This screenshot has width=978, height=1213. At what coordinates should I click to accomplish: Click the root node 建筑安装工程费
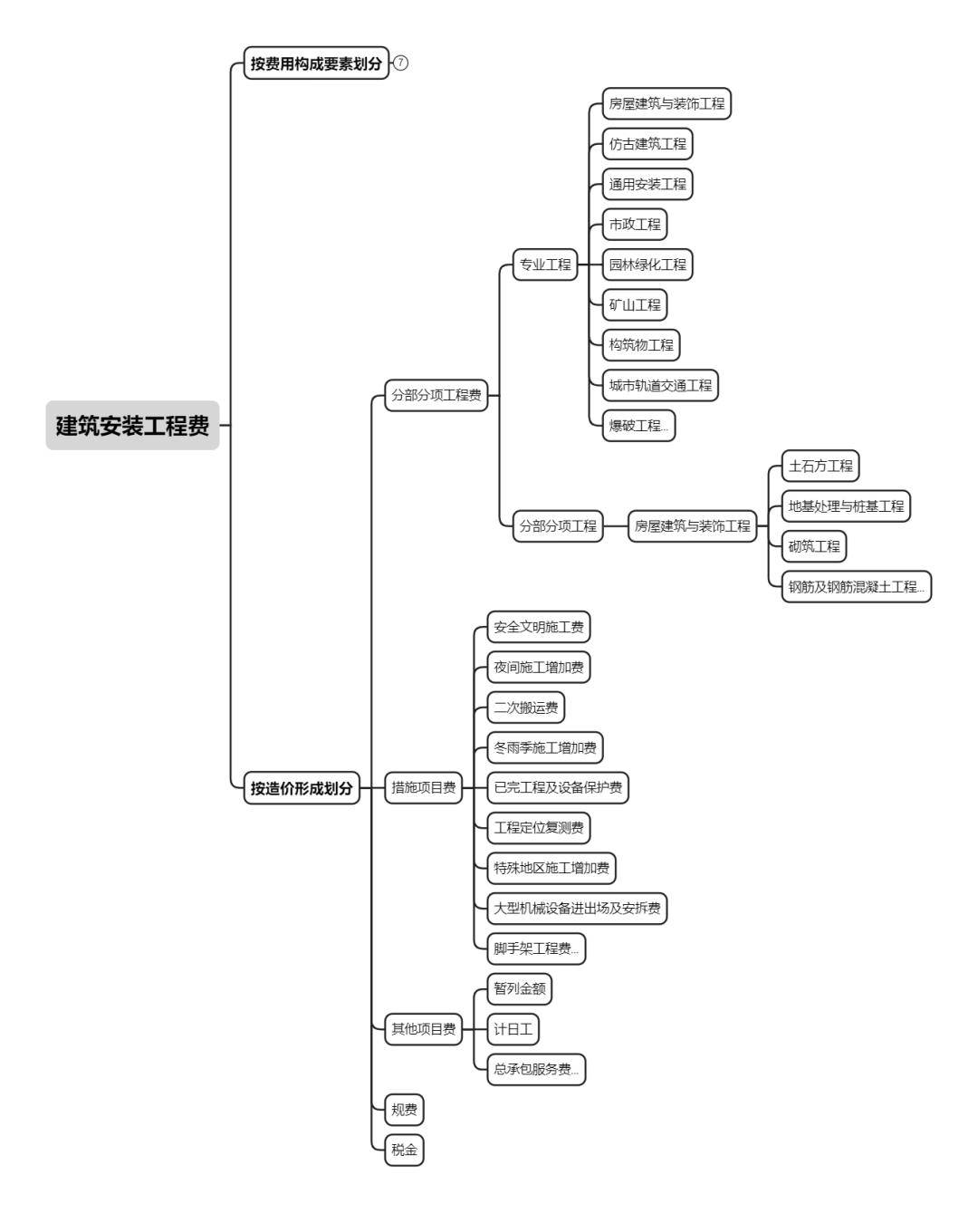[x=132, y=425]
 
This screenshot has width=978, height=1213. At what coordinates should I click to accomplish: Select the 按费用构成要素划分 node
[x=316, y=63]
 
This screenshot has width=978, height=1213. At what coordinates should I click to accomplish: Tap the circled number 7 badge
[x=400, y=63]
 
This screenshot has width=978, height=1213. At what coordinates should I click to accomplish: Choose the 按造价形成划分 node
[x=302, y=787]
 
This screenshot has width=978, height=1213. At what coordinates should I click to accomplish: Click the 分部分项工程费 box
[x=436, y=395]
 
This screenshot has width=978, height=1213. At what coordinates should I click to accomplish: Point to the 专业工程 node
[x=545, y=265]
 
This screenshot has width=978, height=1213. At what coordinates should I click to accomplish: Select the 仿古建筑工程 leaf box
[x=647, y=144]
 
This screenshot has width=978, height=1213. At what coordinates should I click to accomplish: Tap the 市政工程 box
[x=635, y=225]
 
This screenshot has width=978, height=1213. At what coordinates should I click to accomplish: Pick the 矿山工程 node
[x=635, y=305]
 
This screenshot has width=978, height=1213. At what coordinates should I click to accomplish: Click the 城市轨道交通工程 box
[x=660, y=386]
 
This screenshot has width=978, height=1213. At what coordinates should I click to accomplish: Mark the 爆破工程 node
[x=638, y=426]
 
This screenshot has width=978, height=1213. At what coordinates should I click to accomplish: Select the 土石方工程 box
[x=820, y=466]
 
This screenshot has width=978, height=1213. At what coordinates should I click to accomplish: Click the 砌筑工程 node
[x=813, y=546]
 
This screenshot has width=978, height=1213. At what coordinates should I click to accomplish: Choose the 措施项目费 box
[x=423, y=787]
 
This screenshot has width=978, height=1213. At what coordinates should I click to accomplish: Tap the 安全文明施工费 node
[x=539, y=627]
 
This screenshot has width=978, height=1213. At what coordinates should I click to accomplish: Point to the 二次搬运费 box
[x=525, y=708]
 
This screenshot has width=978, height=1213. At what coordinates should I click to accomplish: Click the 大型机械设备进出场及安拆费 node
[x=577, y=908]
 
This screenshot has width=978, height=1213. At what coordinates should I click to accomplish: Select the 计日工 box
[x=513, y=1029]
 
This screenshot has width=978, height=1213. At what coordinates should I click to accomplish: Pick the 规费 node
[x=404, y=1110]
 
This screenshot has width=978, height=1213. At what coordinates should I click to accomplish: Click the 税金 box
[x=404, y=1150]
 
